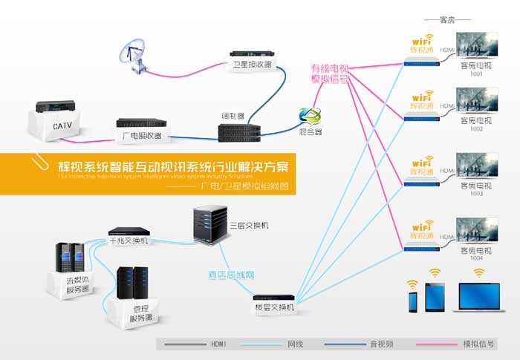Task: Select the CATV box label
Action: click(x=61, y=126)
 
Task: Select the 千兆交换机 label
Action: click(x=129, y=241)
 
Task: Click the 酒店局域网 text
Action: click(x=232, y=275)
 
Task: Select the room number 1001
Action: click(x=476, y=73)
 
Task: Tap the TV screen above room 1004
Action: click(x=476, y=229)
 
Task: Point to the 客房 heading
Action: click(x=446, y=19)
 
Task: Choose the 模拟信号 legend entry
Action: click(x=479, y=344)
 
